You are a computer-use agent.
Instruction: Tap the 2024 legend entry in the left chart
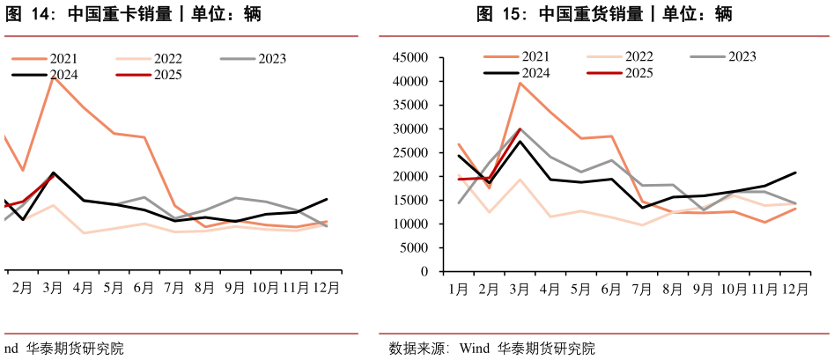[63, 74]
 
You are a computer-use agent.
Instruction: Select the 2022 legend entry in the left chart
[167, 59]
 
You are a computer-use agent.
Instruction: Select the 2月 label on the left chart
[23, 287]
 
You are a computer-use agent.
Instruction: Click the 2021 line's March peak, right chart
[520, 83]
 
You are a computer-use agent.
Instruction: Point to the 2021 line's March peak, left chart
[54, 77]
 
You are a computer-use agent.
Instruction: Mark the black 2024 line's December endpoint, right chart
[795, 173]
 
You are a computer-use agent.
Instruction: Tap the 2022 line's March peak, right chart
[520, 180]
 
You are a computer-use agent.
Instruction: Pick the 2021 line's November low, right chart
[764, 222]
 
